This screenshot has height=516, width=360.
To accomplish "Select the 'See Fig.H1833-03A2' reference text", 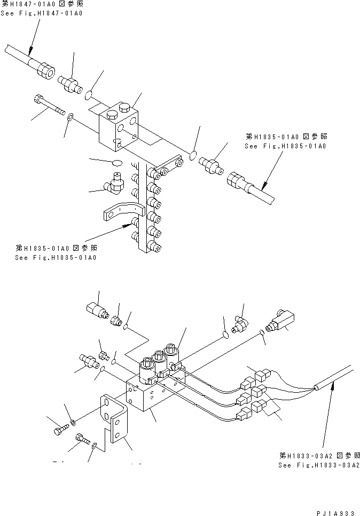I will click(x=319, y=465).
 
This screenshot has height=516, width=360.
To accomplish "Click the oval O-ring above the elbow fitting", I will click(x=118, y=162).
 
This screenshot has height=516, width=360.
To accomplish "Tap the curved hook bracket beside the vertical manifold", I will click(x=121, y=211).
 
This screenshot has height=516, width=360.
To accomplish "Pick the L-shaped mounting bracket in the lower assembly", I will click(x=116, y=422).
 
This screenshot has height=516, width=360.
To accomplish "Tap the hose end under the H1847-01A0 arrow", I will click(x=45, y=69).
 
